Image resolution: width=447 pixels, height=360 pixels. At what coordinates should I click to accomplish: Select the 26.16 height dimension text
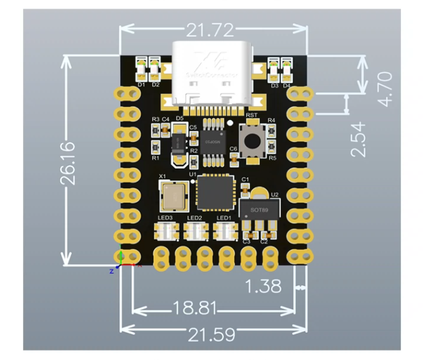68,162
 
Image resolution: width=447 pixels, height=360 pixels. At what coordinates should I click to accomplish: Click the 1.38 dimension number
263,287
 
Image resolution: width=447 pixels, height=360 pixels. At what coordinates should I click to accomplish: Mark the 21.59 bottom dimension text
211,334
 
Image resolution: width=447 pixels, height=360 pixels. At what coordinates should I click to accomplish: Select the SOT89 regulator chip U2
257,211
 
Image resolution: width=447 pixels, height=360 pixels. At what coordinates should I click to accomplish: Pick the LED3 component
165,232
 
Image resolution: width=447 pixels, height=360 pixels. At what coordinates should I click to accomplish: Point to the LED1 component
224,232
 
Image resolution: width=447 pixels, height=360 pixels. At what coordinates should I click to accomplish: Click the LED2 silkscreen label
194,218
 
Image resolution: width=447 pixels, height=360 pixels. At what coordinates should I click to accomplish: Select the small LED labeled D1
141,65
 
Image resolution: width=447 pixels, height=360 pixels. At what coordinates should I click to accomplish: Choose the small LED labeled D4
287,65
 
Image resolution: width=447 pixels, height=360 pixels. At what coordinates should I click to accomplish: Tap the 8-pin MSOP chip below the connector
214,143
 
